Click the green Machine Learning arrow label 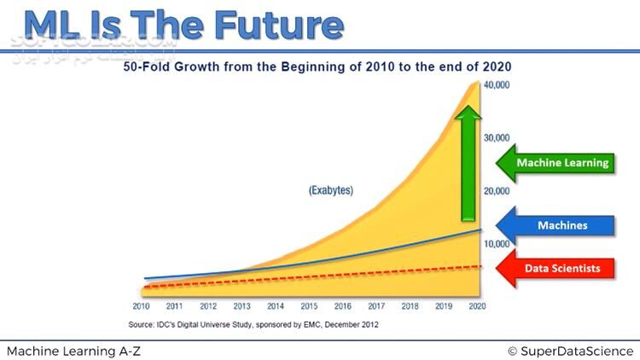tap(563, 162)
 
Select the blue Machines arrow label tap(563, 225)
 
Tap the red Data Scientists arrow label tap(563, 268)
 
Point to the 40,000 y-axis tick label tap(497, 85)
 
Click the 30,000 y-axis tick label tap(497, 138)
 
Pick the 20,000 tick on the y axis tap(497, 191)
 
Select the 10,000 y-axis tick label tap(497, 244)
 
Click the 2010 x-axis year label tap(141, 306)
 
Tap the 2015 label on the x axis tap(309, 306)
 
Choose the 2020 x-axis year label tap(476, 306)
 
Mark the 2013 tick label tap(241, 306)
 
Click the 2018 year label tap(410, 306)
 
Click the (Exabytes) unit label tap(331, 190)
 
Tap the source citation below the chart tap(253, 324)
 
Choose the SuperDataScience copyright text tap(570, 351)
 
